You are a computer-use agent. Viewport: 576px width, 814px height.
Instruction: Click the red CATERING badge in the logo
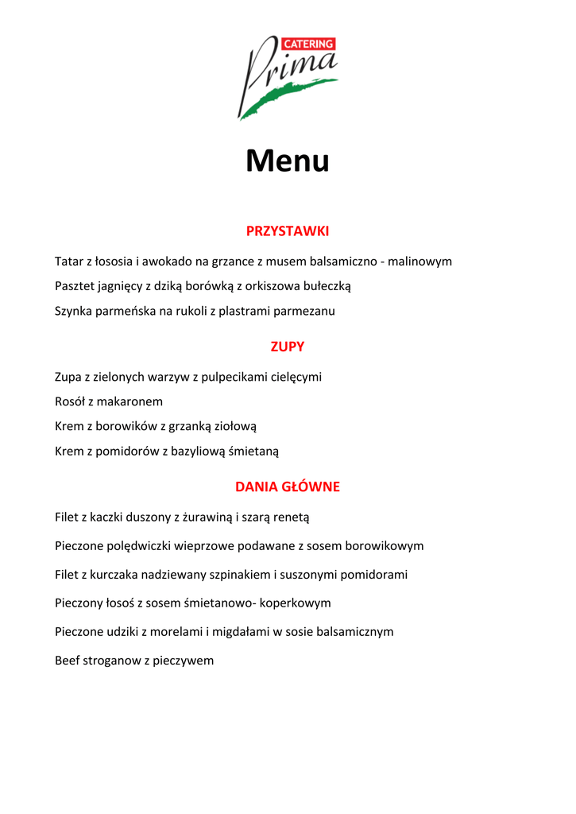coord(308,45)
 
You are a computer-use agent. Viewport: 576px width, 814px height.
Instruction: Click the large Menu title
coord(287,161)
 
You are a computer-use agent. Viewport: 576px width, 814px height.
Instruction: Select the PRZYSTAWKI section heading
coord(288,231)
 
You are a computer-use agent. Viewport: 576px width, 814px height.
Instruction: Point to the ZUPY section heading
coord(288,347)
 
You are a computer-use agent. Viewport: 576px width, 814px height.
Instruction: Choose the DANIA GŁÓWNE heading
coord(288,486)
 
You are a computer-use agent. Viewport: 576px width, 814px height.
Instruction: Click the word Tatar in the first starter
coord(69,261)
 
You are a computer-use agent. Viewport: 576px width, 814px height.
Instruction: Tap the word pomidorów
coord(131,452)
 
